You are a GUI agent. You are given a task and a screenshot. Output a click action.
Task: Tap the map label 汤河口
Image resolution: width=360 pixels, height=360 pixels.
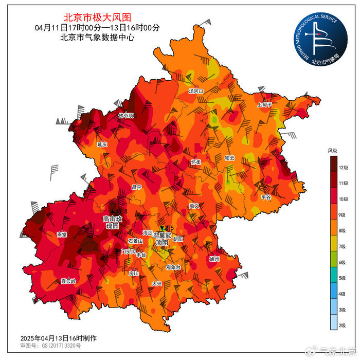196,91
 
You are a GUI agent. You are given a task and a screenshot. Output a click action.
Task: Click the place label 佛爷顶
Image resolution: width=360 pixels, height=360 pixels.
126,115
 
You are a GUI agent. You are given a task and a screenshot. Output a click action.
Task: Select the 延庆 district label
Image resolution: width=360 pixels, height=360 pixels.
102,145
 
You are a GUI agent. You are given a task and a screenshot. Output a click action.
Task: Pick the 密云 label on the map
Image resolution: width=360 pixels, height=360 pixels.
229,158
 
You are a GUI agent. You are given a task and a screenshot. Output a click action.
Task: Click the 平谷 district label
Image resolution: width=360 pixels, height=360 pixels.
266,197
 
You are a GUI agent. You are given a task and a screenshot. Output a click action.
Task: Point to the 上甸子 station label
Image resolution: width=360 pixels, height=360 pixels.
264,104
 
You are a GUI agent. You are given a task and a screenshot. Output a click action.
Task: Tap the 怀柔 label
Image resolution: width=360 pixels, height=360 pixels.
195,161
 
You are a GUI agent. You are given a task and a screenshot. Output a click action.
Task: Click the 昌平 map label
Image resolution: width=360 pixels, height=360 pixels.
136,187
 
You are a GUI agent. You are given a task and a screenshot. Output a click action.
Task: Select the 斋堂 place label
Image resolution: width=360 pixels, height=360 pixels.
62,235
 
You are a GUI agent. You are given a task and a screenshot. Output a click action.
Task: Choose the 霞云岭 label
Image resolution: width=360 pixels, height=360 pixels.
68,281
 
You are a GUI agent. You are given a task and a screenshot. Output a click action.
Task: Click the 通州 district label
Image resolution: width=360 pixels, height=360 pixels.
214,259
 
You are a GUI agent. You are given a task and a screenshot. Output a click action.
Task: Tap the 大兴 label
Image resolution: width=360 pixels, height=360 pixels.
157,283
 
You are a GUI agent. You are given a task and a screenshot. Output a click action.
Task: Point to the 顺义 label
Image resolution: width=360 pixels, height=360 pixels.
194,206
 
